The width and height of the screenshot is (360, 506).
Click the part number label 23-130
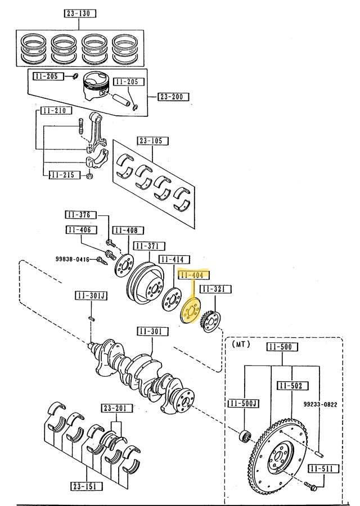(79, 13)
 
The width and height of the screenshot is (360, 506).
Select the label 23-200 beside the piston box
(173, 97)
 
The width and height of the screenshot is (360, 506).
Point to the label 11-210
(56, 111)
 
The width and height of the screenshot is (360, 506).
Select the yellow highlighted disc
(191, 311)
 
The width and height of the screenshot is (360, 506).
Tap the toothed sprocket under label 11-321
(210, 321)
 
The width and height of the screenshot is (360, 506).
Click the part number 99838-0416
(73, 259)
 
